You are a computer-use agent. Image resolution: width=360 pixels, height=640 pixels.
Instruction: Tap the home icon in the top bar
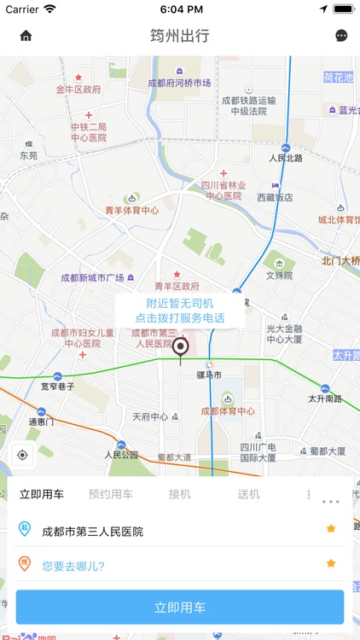26,36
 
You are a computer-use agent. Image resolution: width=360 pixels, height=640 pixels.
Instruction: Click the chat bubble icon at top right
341,36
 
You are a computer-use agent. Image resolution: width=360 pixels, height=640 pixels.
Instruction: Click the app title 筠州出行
180,36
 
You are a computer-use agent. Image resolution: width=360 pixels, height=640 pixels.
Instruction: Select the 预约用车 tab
111,494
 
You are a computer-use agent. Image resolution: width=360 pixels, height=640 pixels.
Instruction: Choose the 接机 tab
180,494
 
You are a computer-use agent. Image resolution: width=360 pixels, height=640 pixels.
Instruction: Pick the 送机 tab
249,494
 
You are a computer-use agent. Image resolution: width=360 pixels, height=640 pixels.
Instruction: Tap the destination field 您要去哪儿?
73,564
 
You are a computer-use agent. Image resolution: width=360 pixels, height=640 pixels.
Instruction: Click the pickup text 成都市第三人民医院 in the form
93,532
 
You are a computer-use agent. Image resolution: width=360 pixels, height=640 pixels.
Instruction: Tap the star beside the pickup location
331,529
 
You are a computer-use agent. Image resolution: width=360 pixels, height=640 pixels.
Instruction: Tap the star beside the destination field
331,563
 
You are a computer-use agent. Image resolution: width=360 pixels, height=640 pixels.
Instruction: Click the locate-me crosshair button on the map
22,455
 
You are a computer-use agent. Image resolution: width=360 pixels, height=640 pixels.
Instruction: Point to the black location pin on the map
180,348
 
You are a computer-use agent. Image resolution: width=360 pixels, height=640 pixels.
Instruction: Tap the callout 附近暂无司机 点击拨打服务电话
180,311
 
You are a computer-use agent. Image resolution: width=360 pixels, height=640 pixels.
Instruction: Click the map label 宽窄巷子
57,387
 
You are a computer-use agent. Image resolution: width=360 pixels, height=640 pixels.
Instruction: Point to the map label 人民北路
287,158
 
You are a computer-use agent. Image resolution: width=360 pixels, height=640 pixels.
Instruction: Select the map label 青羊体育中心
131,210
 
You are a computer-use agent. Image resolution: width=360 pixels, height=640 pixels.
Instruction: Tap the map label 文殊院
279,276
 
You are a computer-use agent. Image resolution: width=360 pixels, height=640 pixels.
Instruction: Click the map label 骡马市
209,375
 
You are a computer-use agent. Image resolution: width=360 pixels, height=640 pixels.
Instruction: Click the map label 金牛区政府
78,89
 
